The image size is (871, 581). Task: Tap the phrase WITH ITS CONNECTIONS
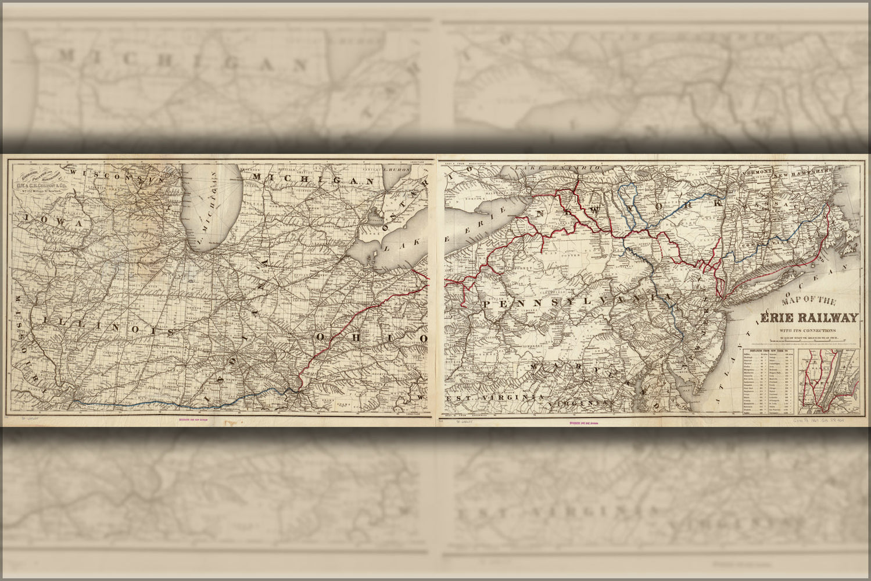click(808, 332)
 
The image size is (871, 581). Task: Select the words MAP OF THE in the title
click(808, 302)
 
